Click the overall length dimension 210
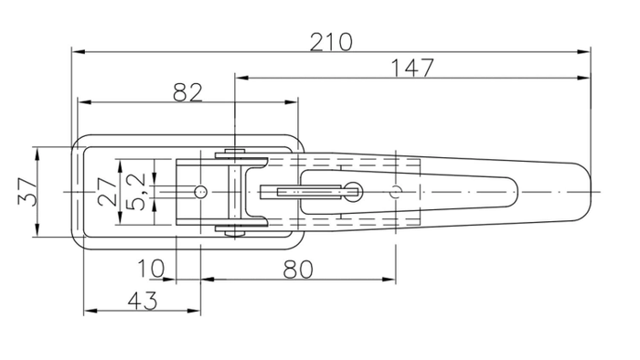pos(331,40)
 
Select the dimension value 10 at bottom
pos(152,270)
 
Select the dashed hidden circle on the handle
pos(395,192)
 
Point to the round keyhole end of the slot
pos(354,191)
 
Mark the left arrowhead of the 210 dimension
pos(76,51)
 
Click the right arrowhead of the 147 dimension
pos(586,78)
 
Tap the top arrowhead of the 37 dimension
pos(37,150)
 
